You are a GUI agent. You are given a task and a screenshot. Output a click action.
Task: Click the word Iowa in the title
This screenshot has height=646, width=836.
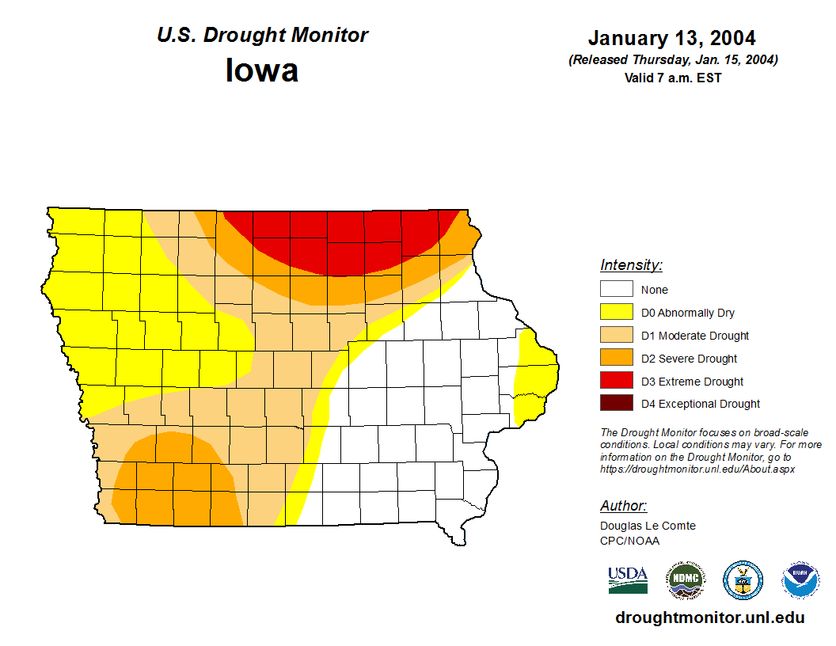262,70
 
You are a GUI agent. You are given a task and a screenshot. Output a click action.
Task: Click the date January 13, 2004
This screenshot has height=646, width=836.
671,38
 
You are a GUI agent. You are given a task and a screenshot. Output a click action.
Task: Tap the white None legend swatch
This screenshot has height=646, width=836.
616,290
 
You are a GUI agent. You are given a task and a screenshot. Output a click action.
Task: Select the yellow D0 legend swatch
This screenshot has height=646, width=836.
616,313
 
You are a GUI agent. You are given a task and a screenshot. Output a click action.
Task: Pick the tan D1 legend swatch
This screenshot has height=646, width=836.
616,336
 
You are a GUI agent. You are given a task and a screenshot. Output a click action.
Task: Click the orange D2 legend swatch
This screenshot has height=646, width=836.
616,359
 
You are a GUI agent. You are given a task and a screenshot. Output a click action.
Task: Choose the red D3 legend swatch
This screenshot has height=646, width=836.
616,382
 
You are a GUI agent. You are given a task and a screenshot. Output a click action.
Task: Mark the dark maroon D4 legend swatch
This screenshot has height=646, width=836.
616,404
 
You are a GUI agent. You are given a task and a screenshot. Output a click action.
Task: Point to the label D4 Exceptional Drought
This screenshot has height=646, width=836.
700,404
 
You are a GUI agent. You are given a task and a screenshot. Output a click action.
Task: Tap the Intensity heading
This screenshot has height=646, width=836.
631,265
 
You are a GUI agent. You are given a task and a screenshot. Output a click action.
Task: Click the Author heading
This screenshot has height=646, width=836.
623,506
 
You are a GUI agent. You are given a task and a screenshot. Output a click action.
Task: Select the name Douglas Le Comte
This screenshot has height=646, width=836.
648,526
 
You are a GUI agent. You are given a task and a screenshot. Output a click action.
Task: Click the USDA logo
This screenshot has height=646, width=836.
628,579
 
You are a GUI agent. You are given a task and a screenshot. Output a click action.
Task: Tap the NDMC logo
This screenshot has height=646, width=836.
685,580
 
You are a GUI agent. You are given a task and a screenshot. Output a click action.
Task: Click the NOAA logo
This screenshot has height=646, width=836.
800,580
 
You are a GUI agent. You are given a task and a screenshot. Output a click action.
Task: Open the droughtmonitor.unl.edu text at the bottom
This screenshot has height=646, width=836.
709,618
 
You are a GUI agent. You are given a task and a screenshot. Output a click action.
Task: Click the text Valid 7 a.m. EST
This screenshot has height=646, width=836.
673,78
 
